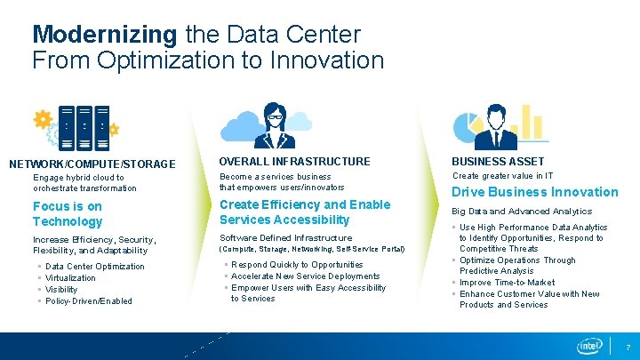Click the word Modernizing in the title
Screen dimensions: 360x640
click(105, 35)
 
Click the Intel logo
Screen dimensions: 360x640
click(589, 345)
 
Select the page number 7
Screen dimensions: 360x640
click(628, 346)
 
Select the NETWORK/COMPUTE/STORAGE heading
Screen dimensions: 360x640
click(92, 164)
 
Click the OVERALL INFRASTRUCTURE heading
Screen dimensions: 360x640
click(294, 161)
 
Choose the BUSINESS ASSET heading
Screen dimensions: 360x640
click(498, 161)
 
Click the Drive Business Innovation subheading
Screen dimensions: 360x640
click(535, 192)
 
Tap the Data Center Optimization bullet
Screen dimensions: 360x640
click(94, 267)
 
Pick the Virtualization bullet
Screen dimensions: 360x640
click(70, 278)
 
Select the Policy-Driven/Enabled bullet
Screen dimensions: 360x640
click(88, 301)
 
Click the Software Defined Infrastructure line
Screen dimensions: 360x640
click(285, 238)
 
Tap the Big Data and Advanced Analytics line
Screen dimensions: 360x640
click(522, 212)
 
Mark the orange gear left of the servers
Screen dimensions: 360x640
click(42, 118)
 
